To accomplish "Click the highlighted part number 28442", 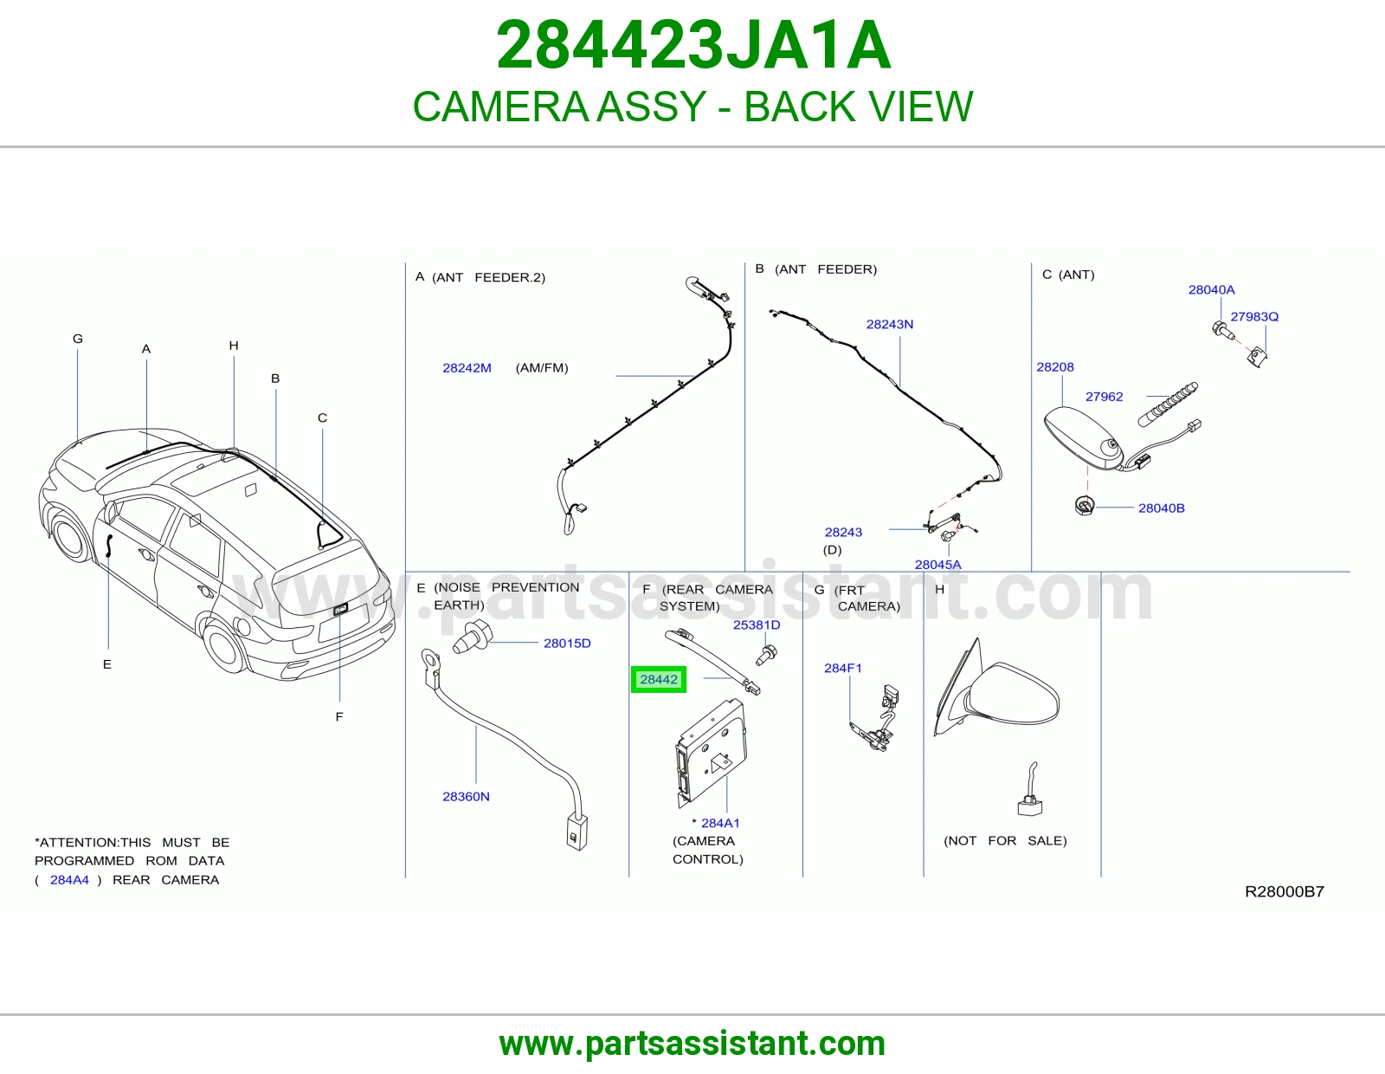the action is [659, 679].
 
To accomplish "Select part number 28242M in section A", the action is [467, 368].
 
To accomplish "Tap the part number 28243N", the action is [889, 324].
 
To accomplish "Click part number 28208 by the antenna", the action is [1055, 366].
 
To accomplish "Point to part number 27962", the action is [1104, 396].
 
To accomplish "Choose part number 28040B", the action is [1162, 508].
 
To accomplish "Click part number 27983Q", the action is [1254, 316].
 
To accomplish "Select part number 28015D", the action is [567, 643].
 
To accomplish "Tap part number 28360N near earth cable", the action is [466, 796].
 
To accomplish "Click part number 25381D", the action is [756, 624].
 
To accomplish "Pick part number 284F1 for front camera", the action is [842, 668].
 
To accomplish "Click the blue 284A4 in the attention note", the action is [69, 879].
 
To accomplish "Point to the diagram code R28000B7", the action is [1285, 891].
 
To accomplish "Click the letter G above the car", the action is [78, 339].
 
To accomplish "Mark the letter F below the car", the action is [339, 716].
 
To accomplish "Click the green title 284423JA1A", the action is [692, 45].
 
